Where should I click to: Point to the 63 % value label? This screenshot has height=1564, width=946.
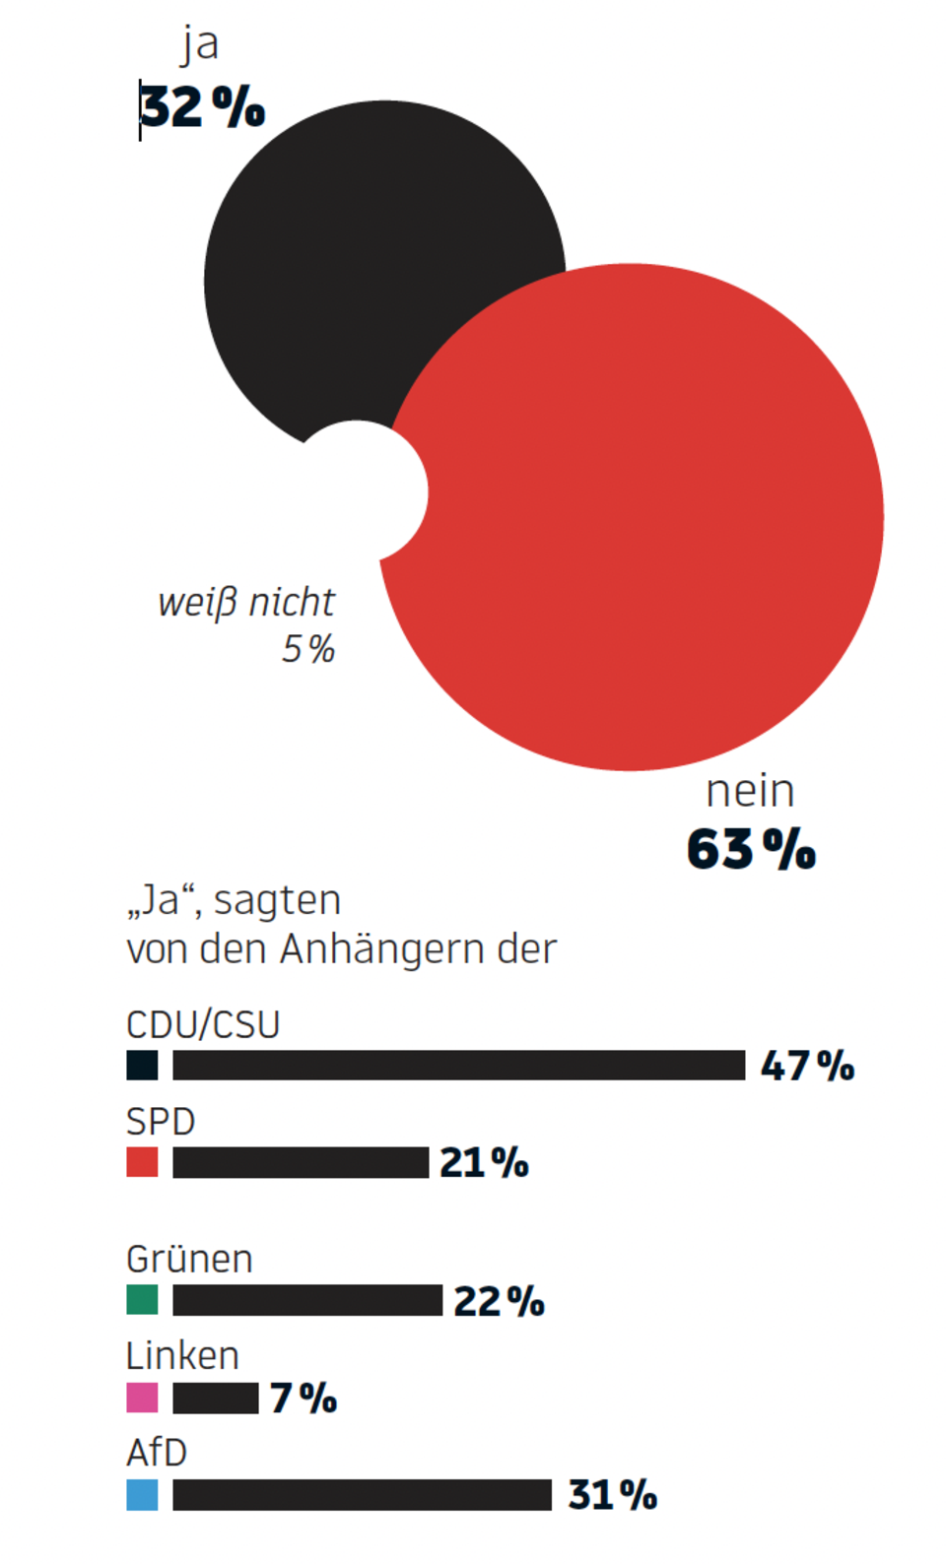tap(751, 849)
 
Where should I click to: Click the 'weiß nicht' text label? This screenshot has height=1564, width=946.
tap(246, 603)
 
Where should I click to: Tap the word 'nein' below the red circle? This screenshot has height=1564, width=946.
tap(750, 791)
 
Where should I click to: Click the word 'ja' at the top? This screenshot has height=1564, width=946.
tap(200, 44)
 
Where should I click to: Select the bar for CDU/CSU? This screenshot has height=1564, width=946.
tap(458, 1065)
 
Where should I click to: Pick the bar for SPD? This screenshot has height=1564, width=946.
tap(301, 1162)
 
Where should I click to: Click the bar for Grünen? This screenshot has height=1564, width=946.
tap(307, 1300)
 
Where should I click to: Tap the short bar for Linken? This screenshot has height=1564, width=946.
tap(215, 1398)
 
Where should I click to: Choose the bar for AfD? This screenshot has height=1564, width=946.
tap(362, 1494)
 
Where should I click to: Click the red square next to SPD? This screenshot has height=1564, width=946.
tap(142, 1162)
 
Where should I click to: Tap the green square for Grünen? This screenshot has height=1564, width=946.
tap(142, 1300)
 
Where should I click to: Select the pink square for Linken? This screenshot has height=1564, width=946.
tap(142, 1398)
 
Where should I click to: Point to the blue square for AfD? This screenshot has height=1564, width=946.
tap(142, 1494)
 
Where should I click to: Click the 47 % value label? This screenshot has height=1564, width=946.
tap(807, 1066)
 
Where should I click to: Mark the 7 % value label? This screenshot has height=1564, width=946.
tap(304, 1398)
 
